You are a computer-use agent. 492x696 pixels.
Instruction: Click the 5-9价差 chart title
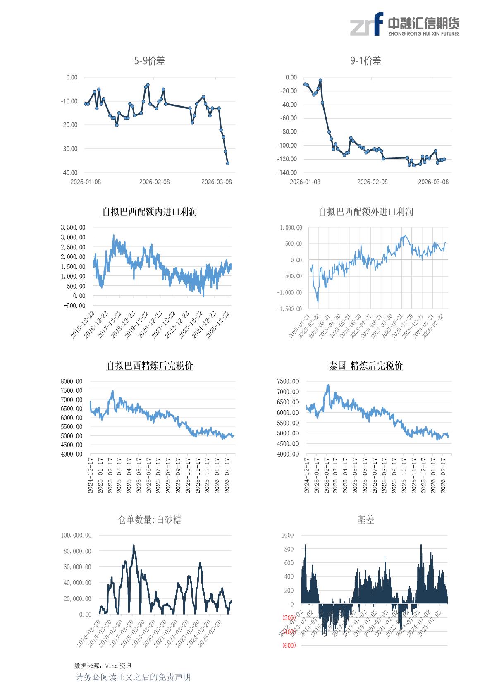[149, 61]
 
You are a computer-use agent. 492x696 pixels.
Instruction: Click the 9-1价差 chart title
[365, 61]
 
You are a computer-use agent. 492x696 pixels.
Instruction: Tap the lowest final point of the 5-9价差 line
[228, 163]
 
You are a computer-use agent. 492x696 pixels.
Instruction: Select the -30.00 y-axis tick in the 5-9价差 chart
[69, 148]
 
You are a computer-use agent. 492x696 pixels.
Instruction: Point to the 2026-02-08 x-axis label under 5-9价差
[154, 182]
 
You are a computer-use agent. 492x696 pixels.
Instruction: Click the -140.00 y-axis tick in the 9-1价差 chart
[288, 172]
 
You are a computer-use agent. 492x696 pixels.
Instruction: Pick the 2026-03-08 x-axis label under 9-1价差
[433, 182]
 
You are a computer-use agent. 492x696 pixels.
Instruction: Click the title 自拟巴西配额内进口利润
[149, 212]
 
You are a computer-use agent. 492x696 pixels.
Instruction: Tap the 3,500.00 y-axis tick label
[73, 227]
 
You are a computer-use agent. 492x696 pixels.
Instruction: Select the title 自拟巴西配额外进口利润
[365, 212]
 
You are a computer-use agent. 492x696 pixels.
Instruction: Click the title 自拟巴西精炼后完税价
[149, 366]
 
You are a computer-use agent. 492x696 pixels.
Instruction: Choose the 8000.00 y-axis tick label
[72, 381]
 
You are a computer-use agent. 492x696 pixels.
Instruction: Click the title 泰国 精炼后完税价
[365, 366]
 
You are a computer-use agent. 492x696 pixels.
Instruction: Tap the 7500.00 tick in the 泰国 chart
[288, 381]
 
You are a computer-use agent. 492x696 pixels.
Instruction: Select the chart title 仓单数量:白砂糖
[149, 520]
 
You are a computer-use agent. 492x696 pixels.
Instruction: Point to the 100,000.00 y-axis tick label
[76, 535]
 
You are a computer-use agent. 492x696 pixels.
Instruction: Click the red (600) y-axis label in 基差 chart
[289, 645]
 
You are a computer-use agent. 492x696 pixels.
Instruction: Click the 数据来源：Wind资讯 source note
[103, 666]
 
